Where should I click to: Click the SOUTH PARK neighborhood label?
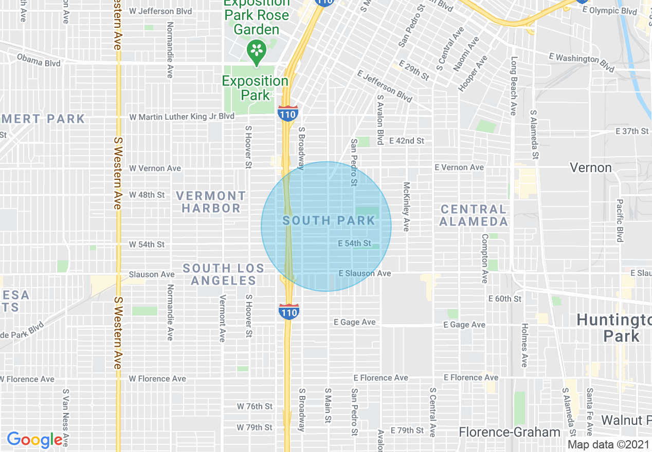[329, 221]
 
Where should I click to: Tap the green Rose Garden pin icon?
[256, 51]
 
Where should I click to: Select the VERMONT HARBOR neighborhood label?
[211, 202]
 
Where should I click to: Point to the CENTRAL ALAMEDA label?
[474, 215]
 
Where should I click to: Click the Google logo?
[34, 440]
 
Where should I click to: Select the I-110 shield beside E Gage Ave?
[289, 311]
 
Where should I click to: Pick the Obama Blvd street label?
[39, 60]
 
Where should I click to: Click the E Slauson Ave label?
[365, 273]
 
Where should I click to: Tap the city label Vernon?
[591, 167]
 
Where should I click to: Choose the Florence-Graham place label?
[510, 432]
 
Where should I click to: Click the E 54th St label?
[354, 243]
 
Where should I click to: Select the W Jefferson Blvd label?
[160, 11]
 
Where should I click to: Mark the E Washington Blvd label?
[581, 62]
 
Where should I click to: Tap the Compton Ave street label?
[484, 258]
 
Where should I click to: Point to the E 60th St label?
[504, 298]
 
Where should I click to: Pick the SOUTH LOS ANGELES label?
[223, 274]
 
